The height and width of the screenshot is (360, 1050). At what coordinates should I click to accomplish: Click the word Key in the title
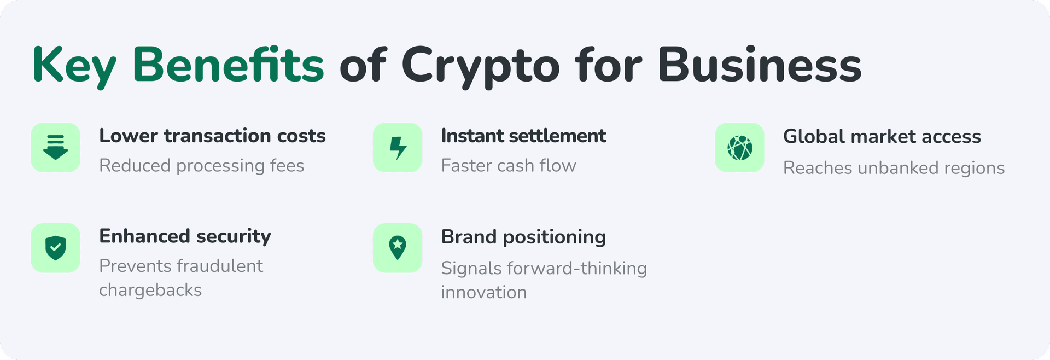[74, 66]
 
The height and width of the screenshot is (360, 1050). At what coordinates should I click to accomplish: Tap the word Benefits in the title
[228, 66]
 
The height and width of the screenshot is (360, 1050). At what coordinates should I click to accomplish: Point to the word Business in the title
[760, 66]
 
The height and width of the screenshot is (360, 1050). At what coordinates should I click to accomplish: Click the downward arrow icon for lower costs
[56, 148]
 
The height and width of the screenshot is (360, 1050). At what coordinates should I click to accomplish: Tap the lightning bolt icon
[398, 148]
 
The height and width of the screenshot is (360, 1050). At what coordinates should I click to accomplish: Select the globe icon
[739, 148]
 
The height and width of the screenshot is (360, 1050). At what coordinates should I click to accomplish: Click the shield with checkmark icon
[56, 248]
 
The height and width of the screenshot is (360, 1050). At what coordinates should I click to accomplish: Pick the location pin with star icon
[398, 248]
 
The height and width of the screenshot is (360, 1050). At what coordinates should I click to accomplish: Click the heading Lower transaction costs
[212, 136]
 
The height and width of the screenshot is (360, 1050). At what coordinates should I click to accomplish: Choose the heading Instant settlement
[523, 136]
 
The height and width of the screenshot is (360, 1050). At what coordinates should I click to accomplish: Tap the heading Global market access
[882, 136]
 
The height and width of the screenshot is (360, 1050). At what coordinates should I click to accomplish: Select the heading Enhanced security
[185, 236]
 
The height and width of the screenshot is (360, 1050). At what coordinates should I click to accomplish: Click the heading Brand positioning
[523, 237]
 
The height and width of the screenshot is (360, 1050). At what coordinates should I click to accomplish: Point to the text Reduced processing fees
[201, 166]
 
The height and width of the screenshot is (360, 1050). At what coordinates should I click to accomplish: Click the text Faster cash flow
[509, 166]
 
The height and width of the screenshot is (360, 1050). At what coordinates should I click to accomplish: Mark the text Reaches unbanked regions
[894, 168]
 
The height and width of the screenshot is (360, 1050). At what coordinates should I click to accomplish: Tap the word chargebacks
[150, 290]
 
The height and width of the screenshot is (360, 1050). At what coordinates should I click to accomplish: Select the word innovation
[484, 292]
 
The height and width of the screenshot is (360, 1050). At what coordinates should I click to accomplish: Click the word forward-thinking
[577, 268]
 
